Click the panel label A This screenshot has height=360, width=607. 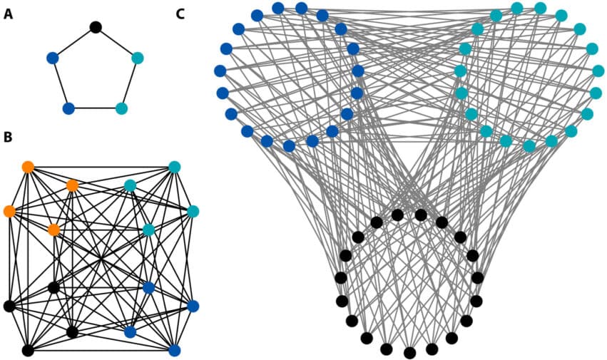[x=8, y=14]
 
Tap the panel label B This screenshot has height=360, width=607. [x=8, y=137]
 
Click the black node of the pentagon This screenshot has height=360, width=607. [x=96, y=27]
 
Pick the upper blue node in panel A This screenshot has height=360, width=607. [x=52, y=58]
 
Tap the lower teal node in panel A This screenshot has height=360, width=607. [x=121, y=109]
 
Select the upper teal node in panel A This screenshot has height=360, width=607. [x=138, y=58]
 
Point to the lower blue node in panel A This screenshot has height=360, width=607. [x=68, y=109]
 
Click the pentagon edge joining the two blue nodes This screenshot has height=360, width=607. [x=60, y=83]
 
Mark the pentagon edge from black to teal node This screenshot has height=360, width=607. [x=116, y=42]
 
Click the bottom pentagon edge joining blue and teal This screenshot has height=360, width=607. [x=95, y=109]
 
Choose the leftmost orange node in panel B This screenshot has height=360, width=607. [x=9, y=211]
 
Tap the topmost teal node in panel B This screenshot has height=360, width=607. [x=174, y=168]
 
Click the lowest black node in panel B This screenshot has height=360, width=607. [x=28, y=350]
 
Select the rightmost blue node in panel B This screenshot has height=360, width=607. [x=193, y=306]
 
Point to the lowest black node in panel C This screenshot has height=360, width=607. [x=409, y=353]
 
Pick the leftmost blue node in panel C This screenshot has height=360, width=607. [x=220, y=71]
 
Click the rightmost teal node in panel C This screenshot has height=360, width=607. [x=598, y=71]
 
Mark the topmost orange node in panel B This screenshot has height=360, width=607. [x=28, y=167]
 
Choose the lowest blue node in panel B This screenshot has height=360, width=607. [x=174, y=350]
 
